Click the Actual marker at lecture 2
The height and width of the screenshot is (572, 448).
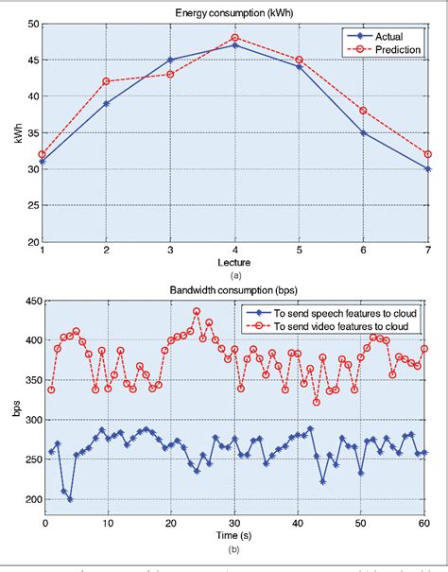[x=106, y=103]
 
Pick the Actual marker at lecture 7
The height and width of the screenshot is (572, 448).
[x=428, y=168]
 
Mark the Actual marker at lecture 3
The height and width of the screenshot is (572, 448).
[x=170, y=60]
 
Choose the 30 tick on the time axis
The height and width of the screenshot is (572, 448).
[x=236, y=523]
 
